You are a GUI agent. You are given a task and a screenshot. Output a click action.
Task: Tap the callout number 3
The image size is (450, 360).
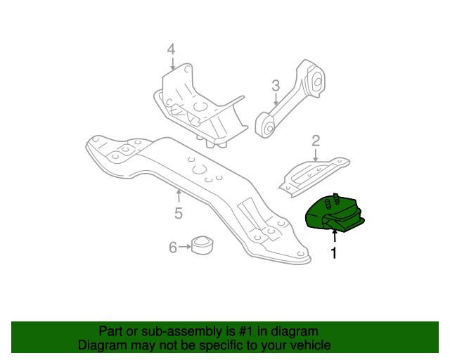pos(276,86)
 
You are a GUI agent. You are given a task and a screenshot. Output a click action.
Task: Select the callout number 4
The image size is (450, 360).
pos(170,49)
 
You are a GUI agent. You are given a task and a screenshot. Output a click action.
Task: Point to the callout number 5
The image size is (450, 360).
pos(179,212)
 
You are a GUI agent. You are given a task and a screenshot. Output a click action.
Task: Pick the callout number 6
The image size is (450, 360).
pos(172,247)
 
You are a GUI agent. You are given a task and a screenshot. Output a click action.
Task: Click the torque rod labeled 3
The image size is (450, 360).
pos(292,98)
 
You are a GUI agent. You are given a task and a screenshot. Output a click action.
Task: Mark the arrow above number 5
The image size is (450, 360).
pos(179,195)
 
